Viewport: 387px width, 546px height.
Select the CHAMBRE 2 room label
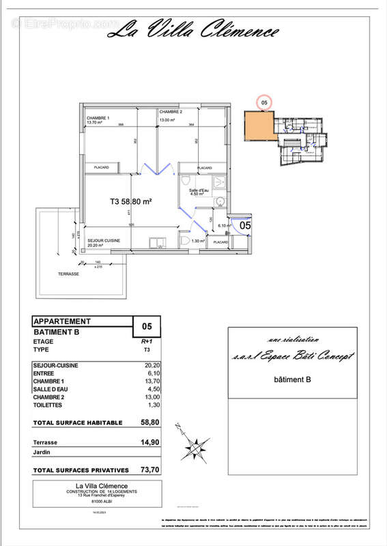171,111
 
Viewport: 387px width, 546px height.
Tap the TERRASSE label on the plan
69,274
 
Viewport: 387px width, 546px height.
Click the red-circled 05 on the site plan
265,102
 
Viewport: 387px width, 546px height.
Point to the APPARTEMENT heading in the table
61,321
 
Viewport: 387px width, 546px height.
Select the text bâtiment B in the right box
293,379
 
